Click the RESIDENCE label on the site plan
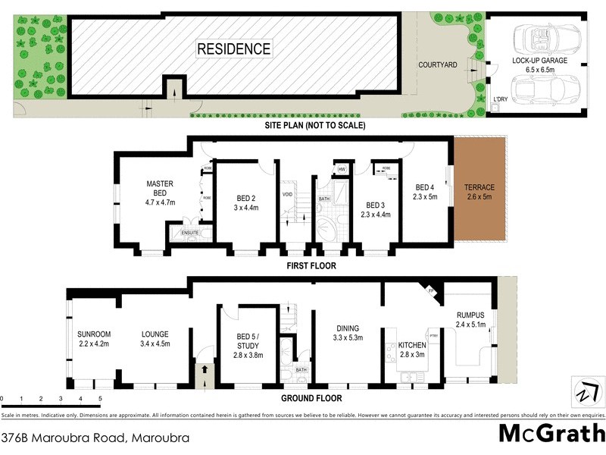pyautogui.click(x=233, y=49)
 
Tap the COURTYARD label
pyautogui.click(x=437, y=65)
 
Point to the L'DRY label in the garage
pyautogui.click(x=500, y=99)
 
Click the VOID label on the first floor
pyautogui.click(x=288, y=193)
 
